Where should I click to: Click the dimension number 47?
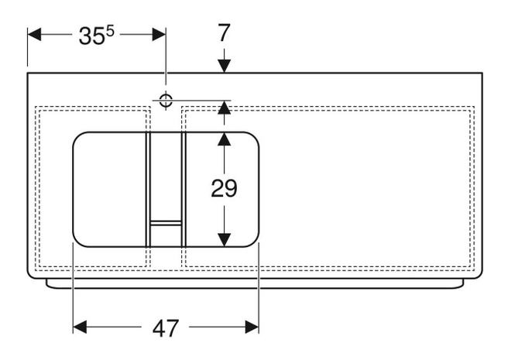click(x=166, y=328)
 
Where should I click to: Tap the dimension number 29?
click(x=224, y=188)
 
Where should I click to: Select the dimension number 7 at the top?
click(x=224, y=33)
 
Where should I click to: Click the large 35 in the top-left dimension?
click(x=91, y=36)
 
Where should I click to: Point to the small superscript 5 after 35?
click(x=110, y=31)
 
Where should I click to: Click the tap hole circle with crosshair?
click(x=166, y=100)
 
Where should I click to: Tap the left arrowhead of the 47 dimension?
click(x=80, y=327)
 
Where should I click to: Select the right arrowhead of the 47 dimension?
click(x=252, y=327)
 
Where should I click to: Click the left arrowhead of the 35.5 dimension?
click(x=34, y=34)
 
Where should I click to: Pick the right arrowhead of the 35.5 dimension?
click(x=159, y=34)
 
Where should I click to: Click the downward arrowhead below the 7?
click(x=224, y=66)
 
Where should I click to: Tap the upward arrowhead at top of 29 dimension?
click(x=224, y=139)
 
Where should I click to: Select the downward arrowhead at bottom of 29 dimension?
click(x=224, y=240)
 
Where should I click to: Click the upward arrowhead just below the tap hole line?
click(x=224, y=108)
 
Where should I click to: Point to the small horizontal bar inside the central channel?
click(x=166, y=223)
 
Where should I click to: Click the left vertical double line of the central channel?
click(x=148, y=190)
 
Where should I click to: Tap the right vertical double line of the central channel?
click(x=184, y=190)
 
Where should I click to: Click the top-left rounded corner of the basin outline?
click(x=77, y=137)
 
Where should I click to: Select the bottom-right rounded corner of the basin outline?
click(x=254, y=242)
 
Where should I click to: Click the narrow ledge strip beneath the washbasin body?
click(x=255, y=284)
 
